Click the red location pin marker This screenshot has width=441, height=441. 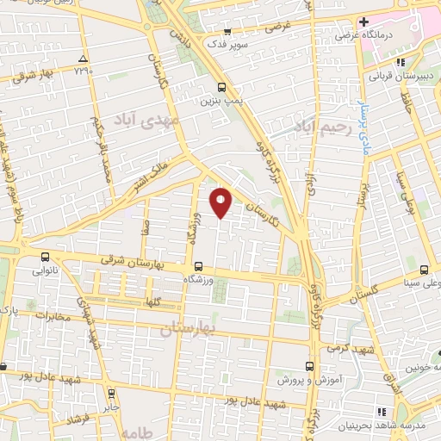pos(222,202)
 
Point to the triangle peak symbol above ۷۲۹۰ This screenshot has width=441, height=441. pos(84,59)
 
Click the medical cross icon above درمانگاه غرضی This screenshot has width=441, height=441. pos(364,22)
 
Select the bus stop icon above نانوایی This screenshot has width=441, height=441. pos(46,257)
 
